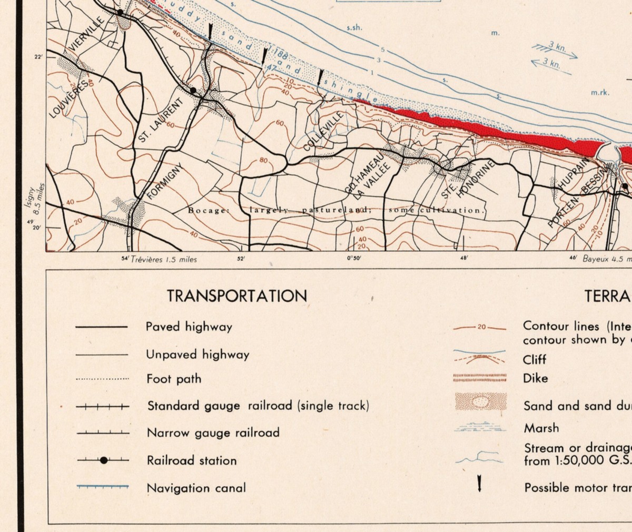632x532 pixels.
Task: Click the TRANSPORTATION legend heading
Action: [x=237, y=295]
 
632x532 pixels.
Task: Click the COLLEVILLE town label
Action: [x=323, y=131]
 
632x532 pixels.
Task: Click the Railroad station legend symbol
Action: [x=104, y=460]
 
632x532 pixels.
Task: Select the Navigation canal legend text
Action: [x=196, y=488]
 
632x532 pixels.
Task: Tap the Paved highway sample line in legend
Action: [x=102, y=327]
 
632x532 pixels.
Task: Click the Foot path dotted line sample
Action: [x=102, y=379]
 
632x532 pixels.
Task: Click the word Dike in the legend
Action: [x=535, y=378]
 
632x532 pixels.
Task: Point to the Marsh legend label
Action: [x=541, y=428]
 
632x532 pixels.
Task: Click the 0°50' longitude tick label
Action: [x=354, y=259]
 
